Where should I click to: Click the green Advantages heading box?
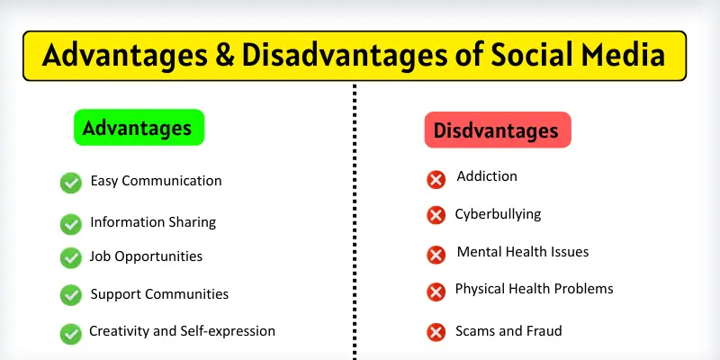pyautogui.click(x=138, y=128)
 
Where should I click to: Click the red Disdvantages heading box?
pyautogui.click(x=497, y=130)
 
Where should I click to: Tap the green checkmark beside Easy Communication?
pyautogui.click(x=71, y=183)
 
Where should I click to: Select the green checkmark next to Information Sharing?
pyautogui.click(x=71, y=223)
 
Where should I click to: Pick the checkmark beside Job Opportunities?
pyautogui.click(x=71, y=257)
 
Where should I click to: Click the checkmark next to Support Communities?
pyautogui.click(x=71, y=295)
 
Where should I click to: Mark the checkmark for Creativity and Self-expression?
pyautogui.click(x=71, y=333)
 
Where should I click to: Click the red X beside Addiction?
pyautogui.click(x=436, y=179)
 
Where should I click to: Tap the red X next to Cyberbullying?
pyautogui.click(x=436, y=215)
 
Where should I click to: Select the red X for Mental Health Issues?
pyautogui.click(x=436, y=254)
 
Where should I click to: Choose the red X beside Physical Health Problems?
pyautogui.click(x=436, y=292)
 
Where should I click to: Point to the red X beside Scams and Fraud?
pyautogui.click(x=436, y=333)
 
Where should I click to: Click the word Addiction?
pyautogui.click(x=487, y=176)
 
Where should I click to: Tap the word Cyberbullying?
pyautogui.click(x=498, y=214)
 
